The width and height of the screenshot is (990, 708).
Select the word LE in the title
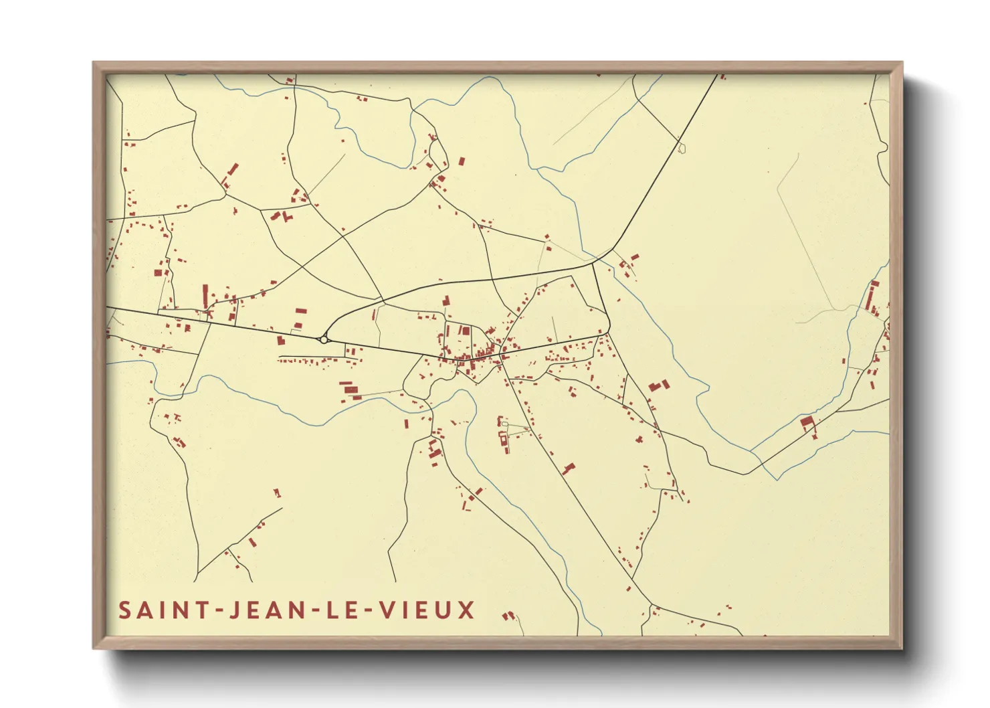pyautogui.click(x=340, y=610)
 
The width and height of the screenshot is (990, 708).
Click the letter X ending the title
pyautogui.click(x=466, y=610)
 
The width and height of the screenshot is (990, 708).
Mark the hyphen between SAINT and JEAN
pyautogui.click(x=216, y=611)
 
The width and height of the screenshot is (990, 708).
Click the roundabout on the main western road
pyautogui.click(x=324, y=340)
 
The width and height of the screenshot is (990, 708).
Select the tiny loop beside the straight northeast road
pyautogui.click(x=682, y=149)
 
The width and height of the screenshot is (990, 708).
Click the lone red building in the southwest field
pyautogui.click(x=277, y=493)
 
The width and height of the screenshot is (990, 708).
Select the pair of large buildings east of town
pyautogui.click(x=658, y=386)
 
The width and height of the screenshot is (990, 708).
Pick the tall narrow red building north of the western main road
pyautogui.click(x=205, y=295)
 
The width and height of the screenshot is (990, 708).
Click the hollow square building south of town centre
pyautogui.click(x=503, y=439)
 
